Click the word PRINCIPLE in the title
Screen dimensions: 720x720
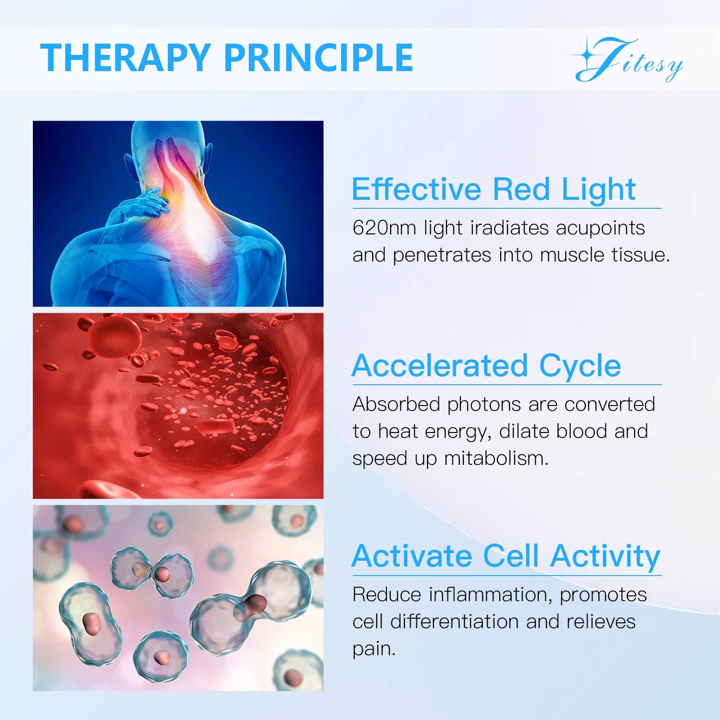click(x=318, y=58)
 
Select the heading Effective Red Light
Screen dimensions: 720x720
click(x=493, y=189)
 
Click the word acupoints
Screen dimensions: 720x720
click(x=600, y=228)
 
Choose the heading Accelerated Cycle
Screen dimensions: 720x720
click(x=486, y=366)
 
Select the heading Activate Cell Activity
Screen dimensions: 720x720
click(x=506, y=556)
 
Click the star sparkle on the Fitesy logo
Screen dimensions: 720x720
click(x=588, y=55)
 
